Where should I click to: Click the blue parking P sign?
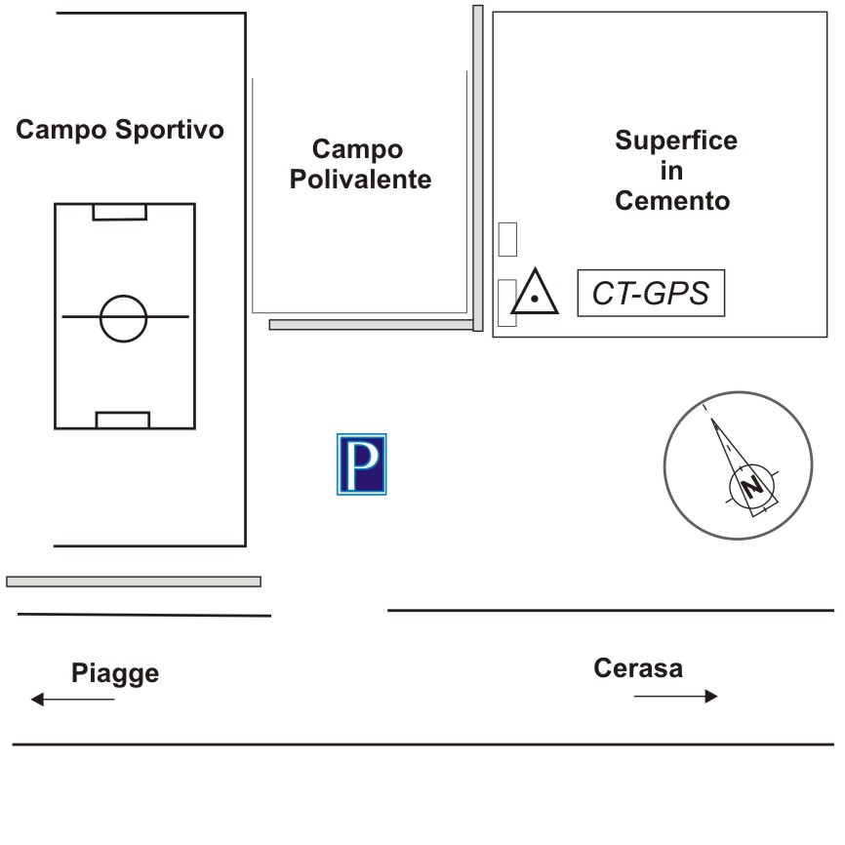point(362,463)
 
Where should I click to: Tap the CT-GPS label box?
point(652,293)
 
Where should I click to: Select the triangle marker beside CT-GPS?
point(536,293)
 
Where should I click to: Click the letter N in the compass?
point(751,486)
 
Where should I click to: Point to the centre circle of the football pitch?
point(123,317)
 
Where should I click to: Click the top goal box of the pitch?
point(120,212)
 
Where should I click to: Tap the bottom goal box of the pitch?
point(123,421)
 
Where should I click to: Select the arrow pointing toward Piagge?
point(72,699)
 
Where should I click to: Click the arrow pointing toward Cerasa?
point(675,696)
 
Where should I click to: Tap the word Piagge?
point(114,673)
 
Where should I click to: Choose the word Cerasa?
point(638,668)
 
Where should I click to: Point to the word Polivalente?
point(360,180)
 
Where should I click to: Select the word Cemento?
point(672,201)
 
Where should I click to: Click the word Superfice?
point(675,141)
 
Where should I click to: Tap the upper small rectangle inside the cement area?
point(507,238)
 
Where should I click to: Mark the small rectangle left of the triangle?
point(506,302)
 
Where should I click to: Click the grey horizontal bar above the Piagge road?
point(134,582)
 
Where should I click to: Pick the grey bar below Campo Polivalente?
point(371,324)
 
